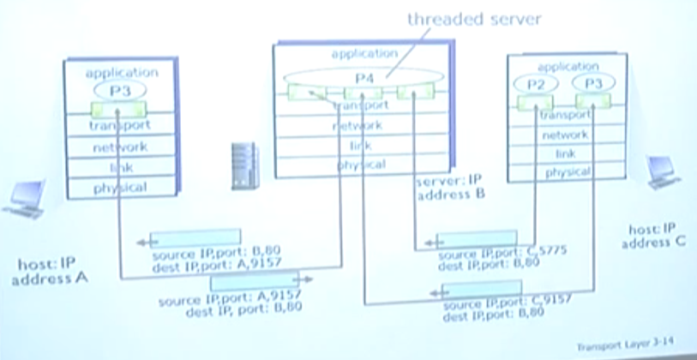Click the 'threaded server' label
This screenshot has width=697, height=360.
pyautogui.click(x=472, y=19)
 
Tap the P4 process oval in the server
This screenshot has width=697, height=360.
pyautogui.click(x=364, y=78)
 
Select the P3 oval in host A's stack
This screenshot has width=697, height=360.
pyautogui.click(x=119, y=90)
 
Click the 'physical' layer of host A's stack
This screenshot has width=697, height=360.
pyautogui.click(x=120, y=187)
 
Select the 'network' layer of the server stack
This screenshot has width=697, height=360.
pyautogui.click(x=360, y=126)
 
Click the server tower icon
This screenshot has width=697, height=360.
pyautogui.click(x=243, y=165)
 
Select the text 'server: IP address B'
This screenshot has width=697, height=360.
pyautogui.click(x=450, y=189)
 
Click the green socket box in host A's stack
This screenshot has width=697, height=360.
pyautogui.click(x=120, y=109)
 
